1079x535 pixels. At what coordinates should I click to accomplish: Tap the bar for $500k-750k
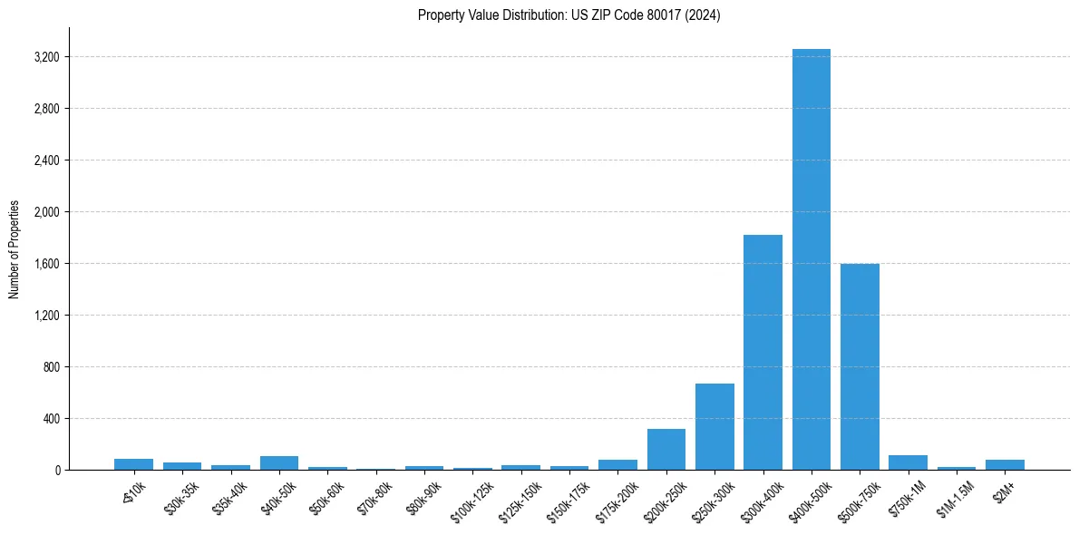click(860, 366)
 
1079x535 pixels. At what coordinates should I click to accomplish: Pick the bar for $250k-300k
click(714, 426)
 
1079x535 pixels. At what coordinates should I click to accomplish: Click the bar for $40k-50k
click(279, 463)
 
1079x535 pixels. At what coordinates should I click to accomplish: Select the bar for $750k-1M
click(908, 462)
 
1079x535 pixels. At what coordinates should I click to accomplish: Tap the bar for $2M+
click(1005, 464)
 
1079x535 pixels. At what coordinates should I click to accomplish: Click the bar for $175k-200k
click(617, 464)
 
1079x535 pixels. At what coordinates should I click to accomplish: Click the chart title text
click(569, 15)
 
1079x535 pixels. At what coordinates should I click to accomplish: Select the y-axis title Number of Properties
click(15, 249)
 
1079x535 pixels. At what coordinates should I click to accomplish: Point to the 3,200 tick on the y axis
click(46, 57)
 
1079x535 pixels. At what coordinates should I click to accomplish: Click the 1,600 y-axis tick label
click(46, 264)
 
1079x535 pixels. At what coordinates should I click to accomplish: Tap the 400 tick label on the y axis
click(51, 419)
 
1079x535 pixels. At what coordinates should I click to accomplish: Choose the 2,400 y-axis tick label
click(46, 160)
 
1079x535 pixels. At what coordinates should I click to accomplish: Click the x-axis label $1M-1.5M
click(949, 498)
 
